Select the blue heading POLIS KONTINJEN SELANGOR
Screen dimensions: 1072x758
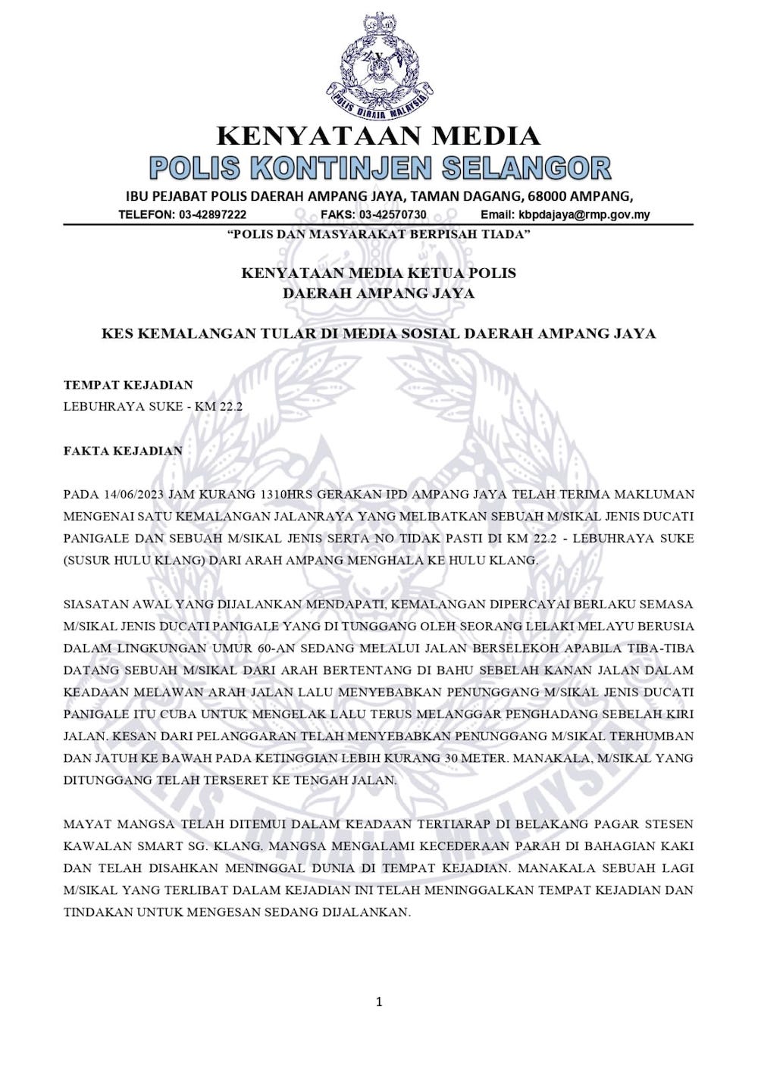(379, 168)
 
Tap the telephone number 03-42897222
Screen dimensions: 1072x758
(213, 215)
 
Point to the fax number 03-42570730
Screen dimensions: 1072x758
(393, 215)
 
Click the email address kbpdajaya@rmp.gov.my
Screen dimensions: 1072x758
(584, 215)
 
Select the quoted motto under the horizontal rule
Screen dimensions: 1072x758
(379, 235)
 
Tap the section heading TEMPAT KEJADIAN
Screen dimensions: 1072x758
(128, 385)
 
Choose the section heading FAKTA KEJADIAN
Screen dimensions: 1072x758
(123, 451)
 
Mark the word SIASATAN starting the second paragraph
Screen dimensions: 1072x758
(97, 605)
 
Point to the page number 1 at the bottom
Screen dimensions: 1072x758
(379, 1002)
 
